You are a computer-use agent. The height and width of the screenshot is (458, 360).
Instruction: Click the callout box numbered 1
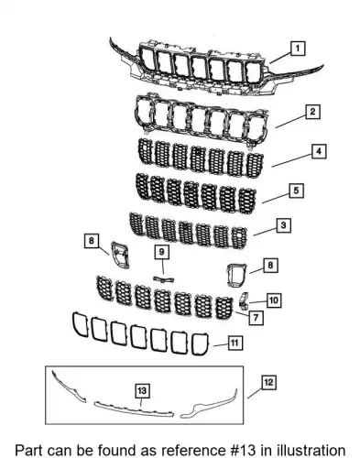coord(298,49)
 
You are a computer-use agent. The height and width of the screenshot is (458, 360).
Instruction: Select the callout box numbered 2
coord(312,112)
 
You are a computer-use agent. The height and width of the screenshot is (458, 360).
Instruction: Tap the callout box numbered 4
coord(319,151)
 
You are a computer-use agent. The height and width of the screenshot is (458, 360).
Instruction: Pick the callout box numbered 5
coord(296,191)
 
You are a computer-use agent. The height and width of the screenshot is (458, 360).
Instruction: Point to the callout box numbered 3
coord(284,226)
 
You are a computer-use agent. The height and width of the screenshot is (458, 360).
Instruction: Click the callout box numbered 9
coord(162,252)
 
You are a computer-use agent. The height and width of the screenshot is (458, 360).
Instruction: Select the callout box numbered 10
coord(274,300)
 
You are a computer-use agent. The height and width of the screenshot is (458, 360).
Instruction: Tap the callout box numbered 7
coord(256,318)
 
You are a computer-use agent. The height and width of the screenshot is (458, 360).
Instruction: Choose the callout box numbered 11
coord(235,343)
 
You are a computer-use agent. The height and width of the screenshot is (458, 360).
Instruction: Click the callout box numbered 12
coord(268,383)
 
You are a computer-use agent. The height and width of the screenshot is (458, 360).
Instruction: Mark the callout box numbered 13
coord(142,391)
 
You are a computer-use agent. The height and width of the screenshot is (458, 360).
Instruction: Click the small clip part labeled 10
coord(244,300)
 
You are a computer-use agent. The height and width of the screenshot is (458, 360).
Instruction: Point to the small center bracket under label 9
coord(163,279)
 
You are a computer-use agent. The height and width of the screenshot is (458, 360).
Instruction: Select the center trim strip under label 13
coord(135,409)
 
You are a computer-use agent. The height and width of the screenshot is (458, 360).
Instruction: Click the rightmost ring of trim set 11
coord(201,344)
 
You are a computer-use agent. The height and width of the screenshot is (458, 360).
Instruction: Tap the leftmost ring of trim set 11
coord(80,325)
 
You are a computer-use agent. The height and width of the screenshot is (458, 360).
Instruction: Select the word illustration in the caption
coord(311,451)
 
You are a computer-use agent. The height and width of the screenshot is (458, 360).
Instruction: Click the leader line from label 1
coord(280,58)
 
